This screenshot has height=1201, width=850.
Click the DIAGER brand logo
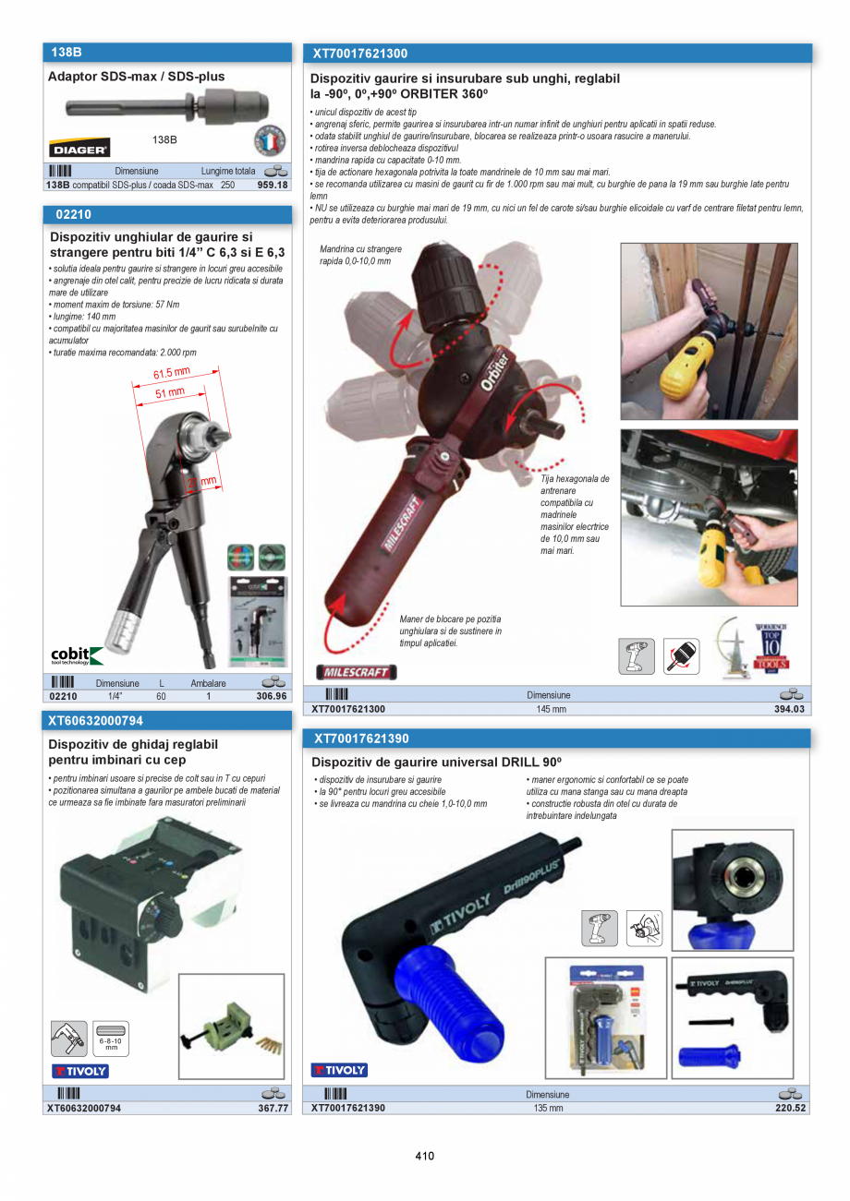coord(79,148)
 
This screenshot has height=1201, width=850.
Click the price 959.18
coord(272,185)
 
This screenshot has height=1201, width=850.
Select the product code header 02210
coord(74,214)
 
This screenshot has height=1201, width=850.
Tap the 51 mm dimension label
coord(170,392)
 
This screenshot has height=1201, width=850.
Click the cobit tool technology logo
coord(77,655)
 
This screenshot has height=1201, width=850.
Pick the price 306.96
coord(272,696)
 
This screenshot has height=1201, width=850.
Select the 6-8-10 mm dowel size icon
coord(111,1039)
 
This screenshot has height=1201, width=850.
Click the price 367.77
coord(273,1108)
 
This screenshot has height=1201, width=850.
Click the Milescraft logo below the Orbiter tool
coord(355,672)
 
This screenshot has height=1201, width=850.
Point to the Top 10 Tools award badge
coord(771,646)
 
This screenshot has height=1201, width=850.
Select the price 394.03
coord(790,709)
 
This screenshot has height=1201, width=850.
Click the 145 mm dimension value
coord(551,709)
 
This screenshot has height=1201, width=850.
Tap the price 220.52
coord(790,1108)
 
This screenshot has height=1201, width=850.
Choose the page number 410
coord(424,1156)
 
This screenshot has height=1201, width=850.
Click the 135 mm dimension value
coord(549,1108)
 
